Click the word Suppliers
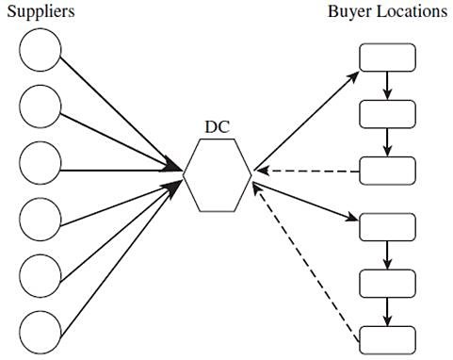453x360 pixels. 41,12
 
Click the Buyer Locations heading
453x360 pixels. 387,12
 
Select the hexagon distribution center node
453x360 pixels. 218,174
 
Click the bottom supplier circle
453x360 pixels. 40,332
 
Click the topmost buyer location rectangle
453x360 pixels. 387,57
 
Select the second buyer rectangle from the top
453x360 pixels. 387,114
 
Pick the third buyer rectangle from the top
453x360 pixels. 387,171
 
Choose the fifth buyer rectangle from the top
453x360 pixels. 387,284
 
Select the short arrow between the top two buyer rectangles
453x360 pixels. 387,86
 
